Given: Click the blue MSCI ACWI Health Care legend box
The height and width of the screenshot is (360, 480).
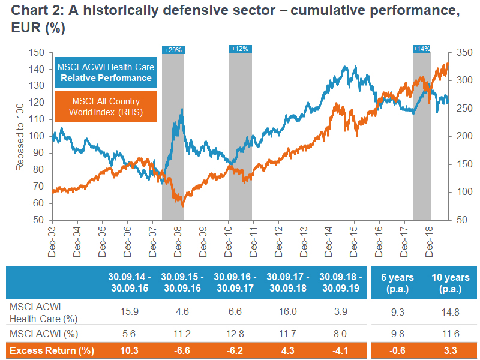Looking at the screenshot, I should click(105, 73).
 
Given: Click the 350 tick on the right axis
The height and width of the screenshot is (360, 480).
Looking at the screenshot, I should click(464, 52).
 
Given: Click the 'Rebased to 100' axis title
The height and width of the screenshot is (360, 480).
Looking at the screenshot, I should click(20, 136).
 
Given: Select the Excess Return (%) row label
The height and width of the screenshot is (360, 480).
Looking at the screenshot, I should click(46, 350).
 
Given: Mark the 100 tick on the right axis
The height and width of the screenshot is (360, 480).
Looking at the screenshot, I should click(464, 192).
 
